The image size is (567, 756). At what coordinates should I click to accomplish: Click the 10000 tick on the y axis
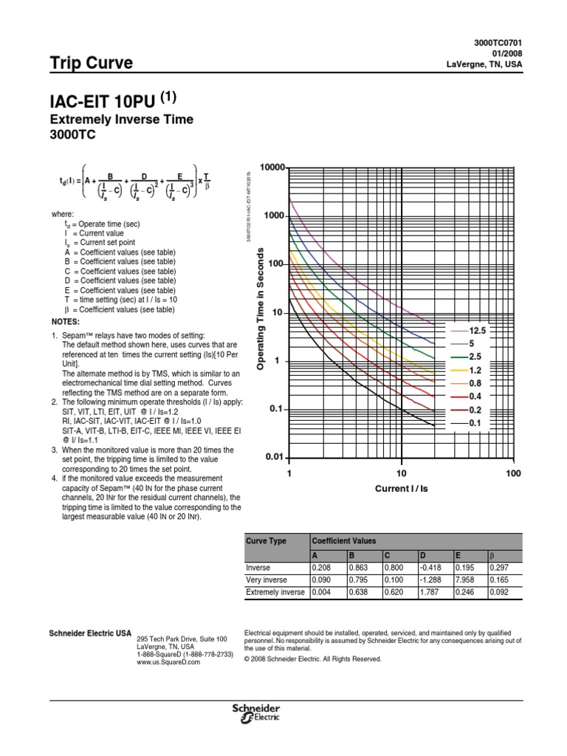tap(269, 168)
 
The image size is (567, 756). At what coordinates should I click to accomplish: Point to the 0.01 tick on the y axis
tap(274, 458)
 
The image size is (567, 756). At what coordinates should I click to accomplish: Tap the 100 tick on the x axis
tap(514, 473)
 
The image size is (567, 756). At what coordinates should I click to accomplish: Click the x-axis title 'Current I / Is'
tap(401, 489)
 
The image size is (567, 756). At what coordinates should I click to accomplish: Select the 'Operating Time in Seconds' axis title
tap(260, 311)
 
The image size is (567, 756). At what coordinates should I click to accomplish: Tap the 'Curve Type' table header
tap(266, 541)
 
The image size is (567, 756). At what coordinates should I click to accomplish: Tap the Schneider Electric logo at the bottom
tap(255, 713)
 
